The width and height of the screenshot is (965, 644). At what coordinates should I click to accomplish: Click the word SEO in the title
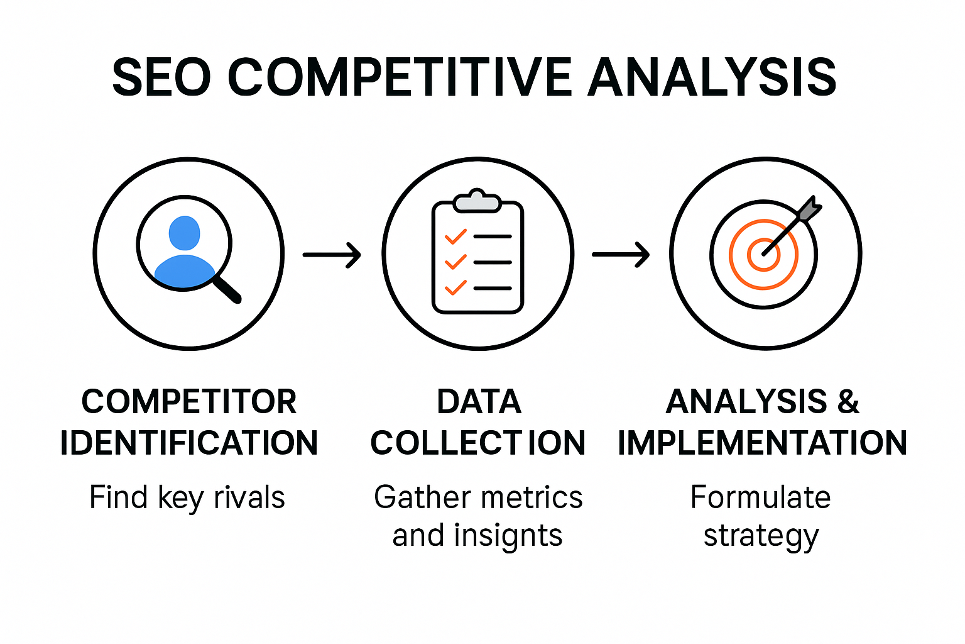(161, 77)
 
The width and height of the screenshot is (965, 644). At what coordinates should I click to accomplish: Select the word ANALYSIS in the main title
(712, 77)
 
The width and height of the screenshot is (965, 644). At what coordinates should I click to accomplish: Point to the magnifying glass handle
(227, 289)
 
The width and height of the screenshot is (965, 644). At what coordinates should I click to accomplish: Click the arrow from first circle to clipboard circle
(332, 255)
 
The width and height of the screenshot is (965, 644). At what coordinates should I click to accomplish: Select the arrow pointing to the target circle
(621, 255)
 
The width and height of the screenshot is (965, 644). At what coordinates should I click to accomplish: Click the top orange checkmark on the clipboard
(455, 237)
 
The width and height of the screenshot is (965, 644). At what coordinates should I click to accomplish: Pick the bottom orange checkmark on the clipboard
(455, 287)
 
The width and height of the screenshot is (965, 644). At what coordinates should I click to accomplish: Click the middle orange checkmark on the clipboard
(455, 262)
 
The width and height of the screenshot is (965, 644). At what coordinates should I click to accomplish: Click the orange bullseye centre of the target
(764, 254)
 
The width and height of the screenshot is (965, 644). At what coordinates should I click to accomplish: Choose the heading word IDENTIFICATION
(189, 443)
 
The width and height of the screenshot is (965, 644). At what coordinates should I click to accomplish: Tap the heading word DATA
(479, 402)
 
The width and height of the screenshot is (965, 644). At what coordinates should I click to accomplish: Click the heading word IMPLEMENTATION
(762, 443)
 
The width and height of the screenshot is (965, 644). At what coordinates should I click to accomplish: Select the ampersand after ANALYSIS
(848, 402)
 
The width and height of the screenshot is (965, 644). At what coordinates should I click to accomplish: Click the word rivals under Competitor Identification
(249, 497)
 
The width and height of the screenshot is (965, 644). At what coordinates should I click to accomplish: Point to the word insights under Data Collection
(508, 536)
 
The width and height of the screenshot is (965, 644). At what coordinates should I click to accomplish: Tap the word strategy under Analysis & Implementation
(761, 536)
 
